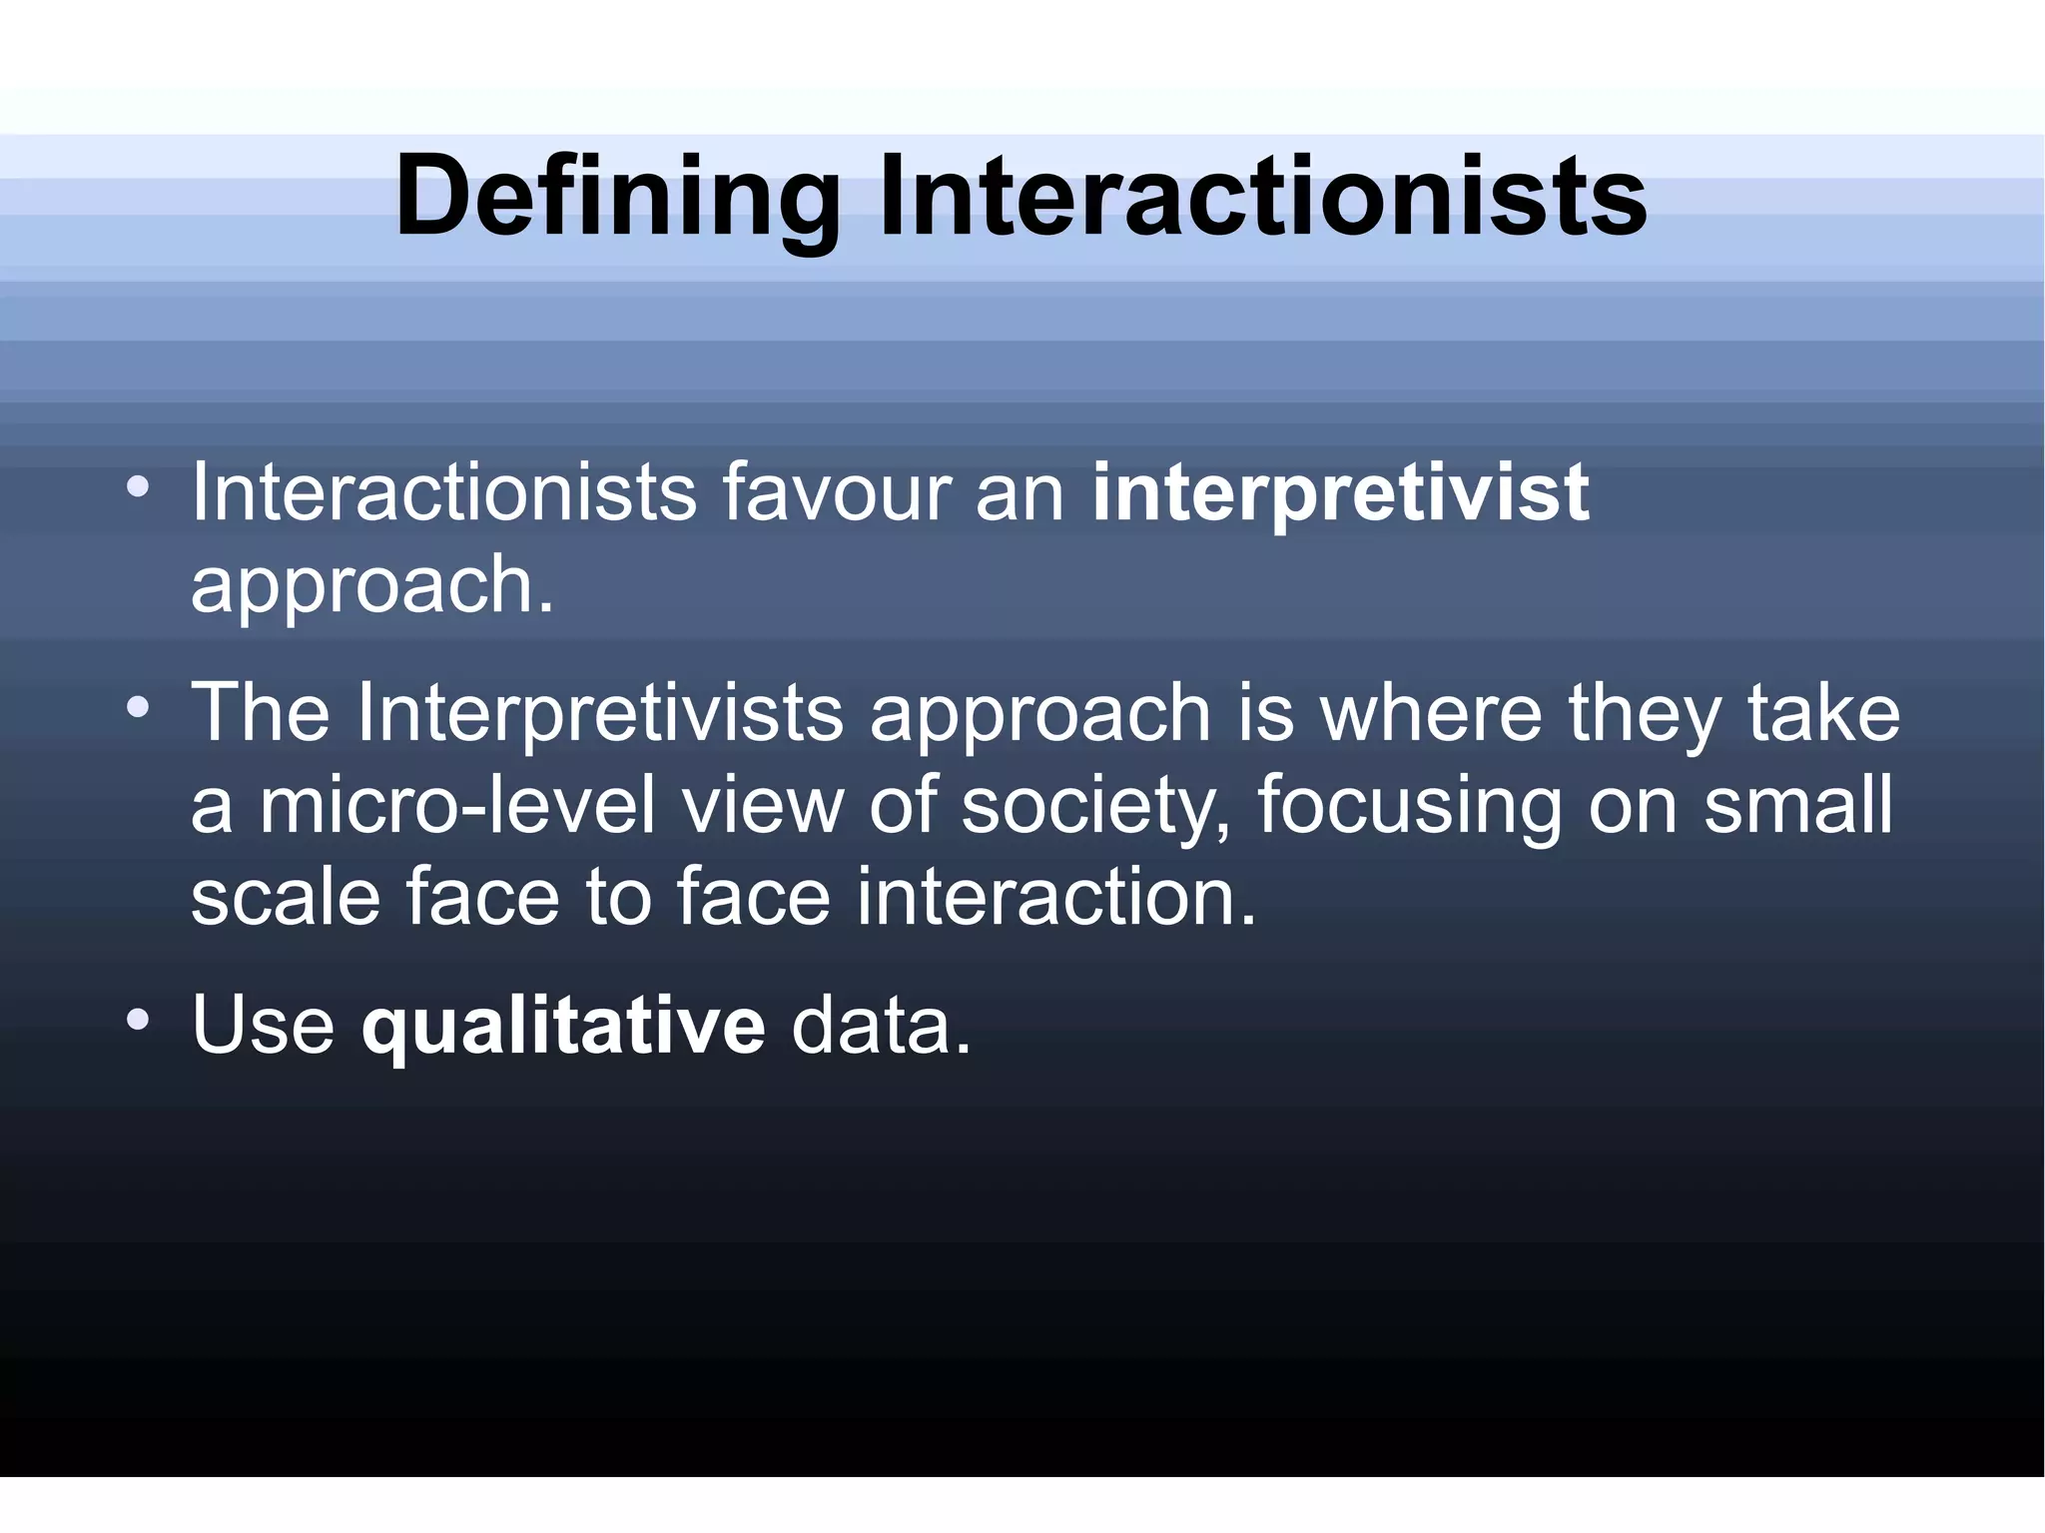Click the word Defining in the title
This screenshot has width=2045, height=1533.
click(617, 197)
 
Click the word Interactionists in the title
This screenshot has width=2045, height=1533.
click(1261, 197)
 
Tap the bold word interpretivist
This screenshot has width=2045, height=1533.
click(1340, 492)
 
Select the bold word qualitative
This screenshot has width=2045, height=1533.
click(563, 1026)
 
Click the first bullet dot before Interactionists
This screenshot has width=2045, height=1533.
click(138, 487)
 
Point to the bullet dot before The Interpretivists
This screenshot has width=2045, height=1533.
click(138, 708)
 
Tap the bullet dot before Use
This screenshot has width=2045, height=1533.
click(138, 1020)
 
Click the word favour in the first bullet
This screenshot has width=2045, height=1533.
click(836, 492)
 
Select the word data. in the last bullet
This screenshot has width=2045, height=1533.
click(881, 1026)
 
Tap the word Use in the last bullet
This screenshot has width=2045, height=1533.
click(263, 1026)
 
